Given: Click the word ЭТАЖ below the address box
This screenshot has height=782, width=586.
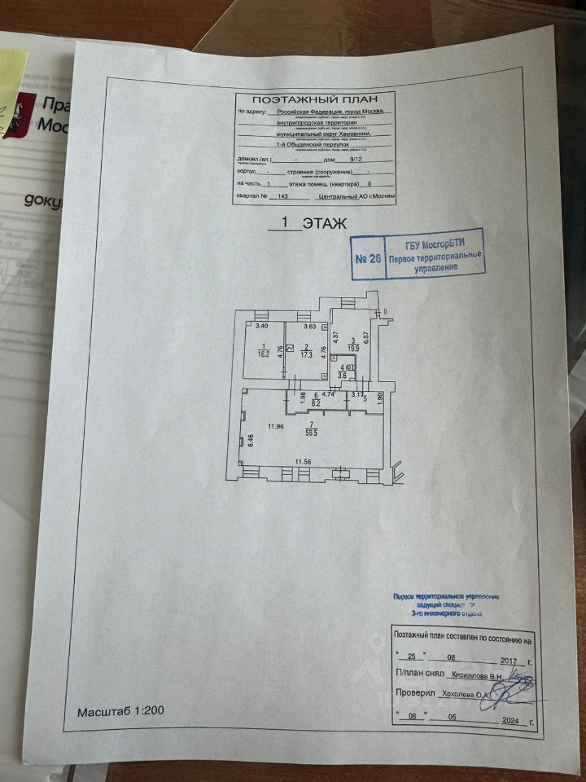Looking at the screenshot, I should point(325,222).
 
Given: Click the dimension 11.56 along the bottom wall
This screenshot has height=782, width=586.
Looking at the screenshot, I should point(303,463).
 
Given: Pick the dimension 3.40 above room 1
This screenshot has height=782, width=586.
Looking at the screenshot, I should point(262,327).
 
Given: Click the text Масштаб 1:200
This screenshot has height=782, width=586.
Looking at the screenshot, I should point(120,711).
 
